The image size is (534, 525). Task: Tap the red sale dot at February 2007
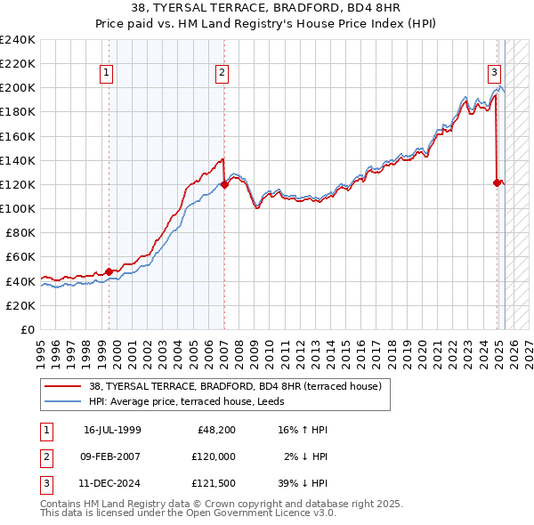224,184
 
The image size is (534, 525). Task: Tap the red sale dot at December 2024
497,182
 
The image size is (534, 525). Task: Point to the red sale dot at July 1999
109,271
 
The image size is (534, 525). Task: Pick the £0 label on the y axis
27,329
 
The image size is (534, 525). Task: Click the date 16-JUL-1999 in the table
112,430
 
